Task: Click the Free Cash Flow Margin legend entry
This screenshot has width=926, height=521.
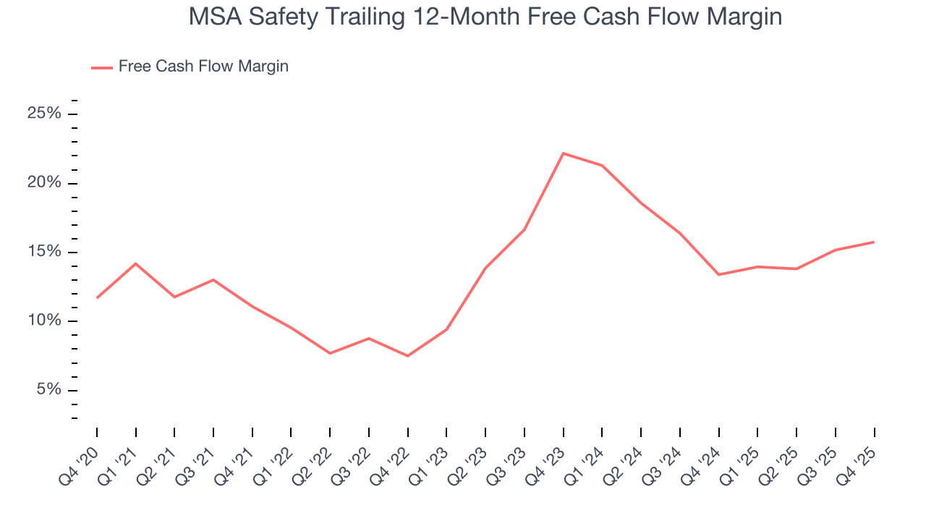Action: [x=190, y=67]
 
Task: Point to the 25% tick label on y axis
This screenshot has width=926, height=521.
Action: [x=44, y=114]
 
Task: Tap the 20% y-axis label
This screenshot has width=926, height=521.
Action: [x=44, y=183]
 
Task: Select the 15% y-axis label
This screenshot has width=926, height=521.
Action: [x=44, y=252]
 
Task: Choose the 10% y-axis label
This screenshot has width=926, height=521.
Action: [x=44, y=321]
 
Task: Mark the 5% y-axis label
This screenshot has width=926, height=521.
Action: [x=48, y=390]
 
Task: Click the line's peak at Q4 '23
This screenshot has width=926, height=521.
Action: [x=563, y=153]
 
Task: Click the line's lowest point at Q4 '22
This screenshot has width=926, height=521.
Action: [x=408, y=356]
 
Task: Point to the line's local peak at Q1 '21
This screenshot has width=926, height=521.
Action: [x=135, y=263]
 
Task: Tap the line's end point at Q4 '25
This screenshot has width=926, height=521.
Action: [x=874, y=242]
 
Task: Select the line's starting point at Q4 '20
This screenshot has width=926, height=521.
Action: [x=97, y=297]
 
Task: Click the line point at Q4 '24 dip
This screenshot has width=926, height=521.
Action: [x=718, y=274]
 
